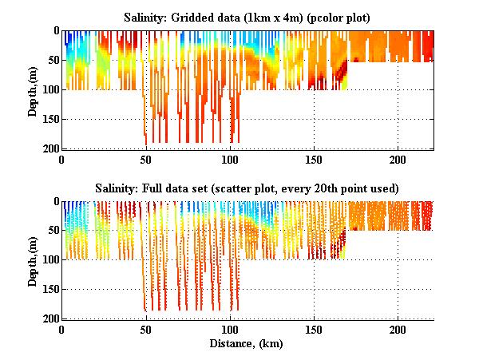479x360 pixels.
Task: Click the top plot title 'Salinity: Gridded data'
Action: [x=248, y=17]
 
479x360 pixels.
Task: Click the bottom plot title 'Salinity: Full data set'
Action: [x=248, y=188]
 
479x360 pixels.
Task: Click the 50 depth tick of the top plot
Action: [x=51, y=60]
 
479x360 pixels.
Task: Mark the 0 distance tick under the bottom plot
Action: [x=62, y=330]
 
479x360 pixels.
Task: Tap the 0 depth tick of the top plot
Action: [x=54, y=31]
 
